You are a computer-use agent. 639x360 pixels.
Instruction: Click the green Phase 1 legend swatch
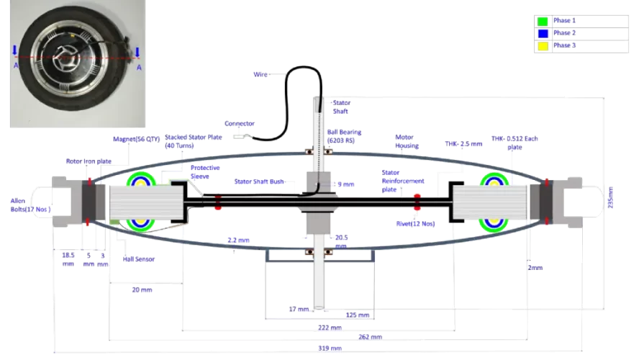pyautogui.click(x=543, y=22)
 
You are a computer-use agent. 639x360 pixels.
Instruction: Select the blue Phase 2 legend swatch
pyautogui.click(x=543, y=34)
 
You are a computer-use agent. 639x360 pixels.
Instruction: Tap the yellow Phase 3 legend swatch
pyautogui.click(x=543, y=46)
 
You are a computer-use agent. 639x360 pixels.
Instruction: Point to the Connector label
pyautogui.click(x=239, y=123)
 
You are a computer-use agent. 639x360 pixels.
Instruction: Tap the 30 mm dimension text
pyautogui.click(x=142, y=290)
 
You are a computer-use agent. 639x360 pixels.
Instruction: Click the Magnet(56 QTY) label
pyautogui.click(x=137, y=139)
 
